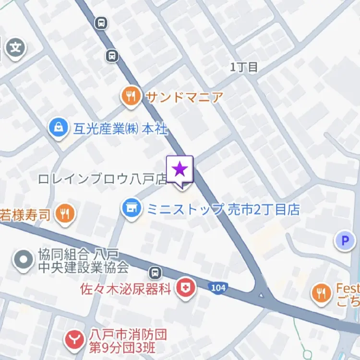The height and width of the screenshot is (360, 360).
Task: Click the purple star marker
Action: (x=180, y=169)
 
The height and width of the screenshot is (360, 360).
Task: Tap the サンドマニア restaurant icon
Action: (x=130, y=97)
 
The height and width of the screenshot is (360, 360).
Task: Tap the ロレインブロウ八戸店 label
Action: (x=102, y=179)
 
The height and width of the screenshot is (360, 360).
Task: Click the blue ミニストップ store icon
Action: (x=131, y=209)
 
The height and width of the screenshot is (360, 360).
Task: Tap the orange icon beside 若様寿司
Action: (x=65, y=214)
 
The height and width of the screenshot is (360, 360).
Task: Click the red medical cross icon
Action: (x=184, y=288)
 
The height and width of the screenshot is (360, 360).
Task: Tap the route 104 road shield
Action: (x=217, y=287)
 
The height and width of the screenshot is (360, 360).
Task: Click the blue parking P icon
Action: (x=345, y=240)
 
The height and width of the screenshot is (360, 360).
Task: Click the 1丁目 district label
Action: (x=244, y=68)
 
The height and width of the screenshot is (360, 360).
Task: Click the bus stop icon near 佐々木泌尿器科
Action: (x=155, y=273)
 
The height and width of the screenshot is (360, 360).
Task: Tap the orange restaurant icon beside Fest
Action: (x=321, y=293)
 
